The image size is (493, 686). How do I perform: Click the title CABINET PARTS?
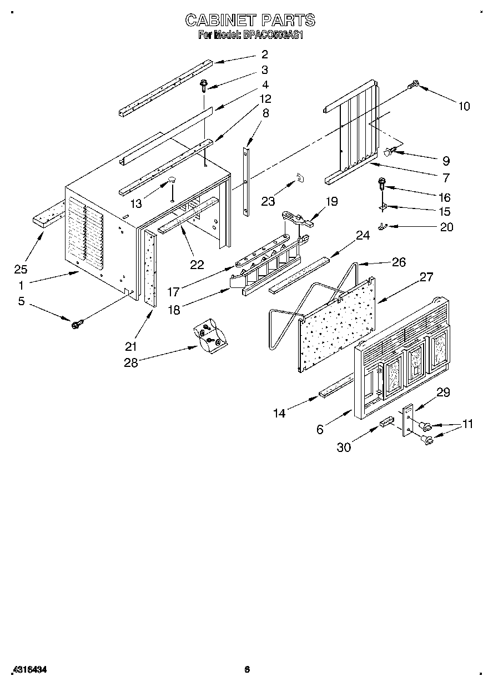coord(250,21)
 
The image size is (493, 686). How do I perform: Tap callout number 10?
coord(464,106)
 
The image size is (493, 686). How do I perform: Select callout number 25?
coord(21,270)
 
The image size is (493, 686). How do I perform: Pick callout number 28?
coord(130,362)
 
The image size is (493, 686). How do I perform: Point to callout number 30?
coord(344,447)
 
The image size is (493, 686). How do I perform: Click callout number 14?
coord(279,412)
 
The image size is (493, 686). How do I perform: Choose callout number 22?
coord(197,265)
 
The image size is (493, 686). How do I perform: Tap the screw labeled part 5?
coord(76,322)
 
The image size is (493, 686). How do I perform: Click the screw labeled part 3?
coord(204,85)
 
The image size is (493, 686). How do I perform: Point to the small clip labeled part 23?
coord(300,177)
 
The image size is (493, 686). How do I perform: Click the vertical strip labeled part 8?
coord(245,181)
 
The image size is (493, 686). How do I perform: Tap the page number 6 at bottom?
coord(247,670)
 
